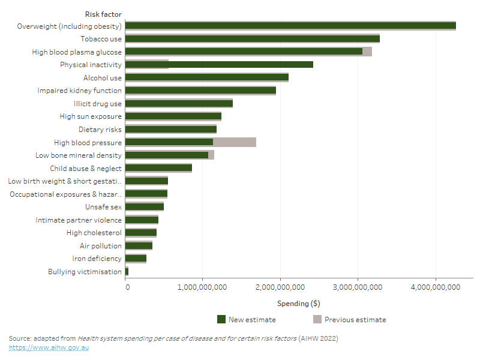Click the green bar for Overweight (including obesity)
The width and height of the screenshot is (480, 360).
click(290, 26)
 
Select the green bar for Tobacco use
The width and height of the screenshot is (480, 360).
click(252, 39)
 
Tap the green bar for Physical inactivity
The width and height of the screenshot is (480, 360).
click(219, 65)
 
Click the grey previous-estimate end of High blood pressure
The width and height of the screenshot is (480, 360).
click(235, 142)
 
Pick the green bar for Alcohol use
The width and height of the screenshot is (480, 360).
click(206, 77)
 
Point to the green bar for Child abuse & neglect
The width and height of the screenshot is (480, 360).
click(158, 168)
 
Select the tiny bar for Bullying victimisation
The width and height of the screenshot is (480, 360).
click(127, 272)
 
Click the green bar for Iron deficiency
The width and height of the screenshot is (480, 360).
click(136, 259)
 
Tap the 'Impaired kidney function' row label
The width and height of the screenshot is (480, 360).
click(80, 91)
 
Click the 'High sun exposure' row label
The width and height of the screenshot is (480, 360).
click(91, 116)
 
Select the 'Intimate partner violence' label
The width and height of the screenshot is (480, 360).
click(79, 220)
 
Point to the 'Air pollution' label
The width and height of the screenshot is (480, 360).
click(101, 246)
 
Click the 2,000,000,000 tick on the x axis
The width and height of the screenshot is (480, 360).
click(281, 288)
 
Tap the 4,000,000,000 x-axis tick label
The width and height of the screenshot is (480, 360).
click(436, 288)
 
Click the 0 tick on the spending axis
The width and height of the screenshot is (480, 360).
click(127, 288)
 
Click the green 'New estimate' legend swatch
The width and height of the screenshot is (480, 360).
click(221, 319)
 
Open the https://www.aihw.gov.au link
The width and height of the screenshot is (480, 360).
click(49, 347)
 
